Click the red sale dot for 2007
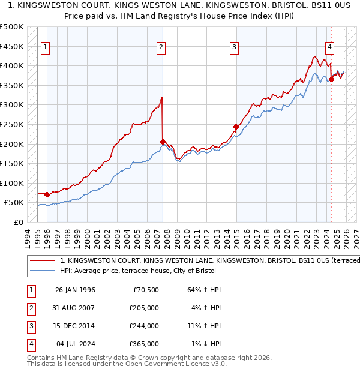[x=163, y=142]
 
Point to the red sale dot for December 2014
[x=236, y=127]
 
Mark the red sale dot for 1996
[x=47, y=194]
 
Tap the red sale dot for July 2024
[x=331, y=79]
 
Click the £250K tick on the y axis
[x=12, y=124]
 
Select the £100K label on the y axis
[x=12, y=183]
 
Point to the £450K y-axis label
[x=12, y=46]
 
